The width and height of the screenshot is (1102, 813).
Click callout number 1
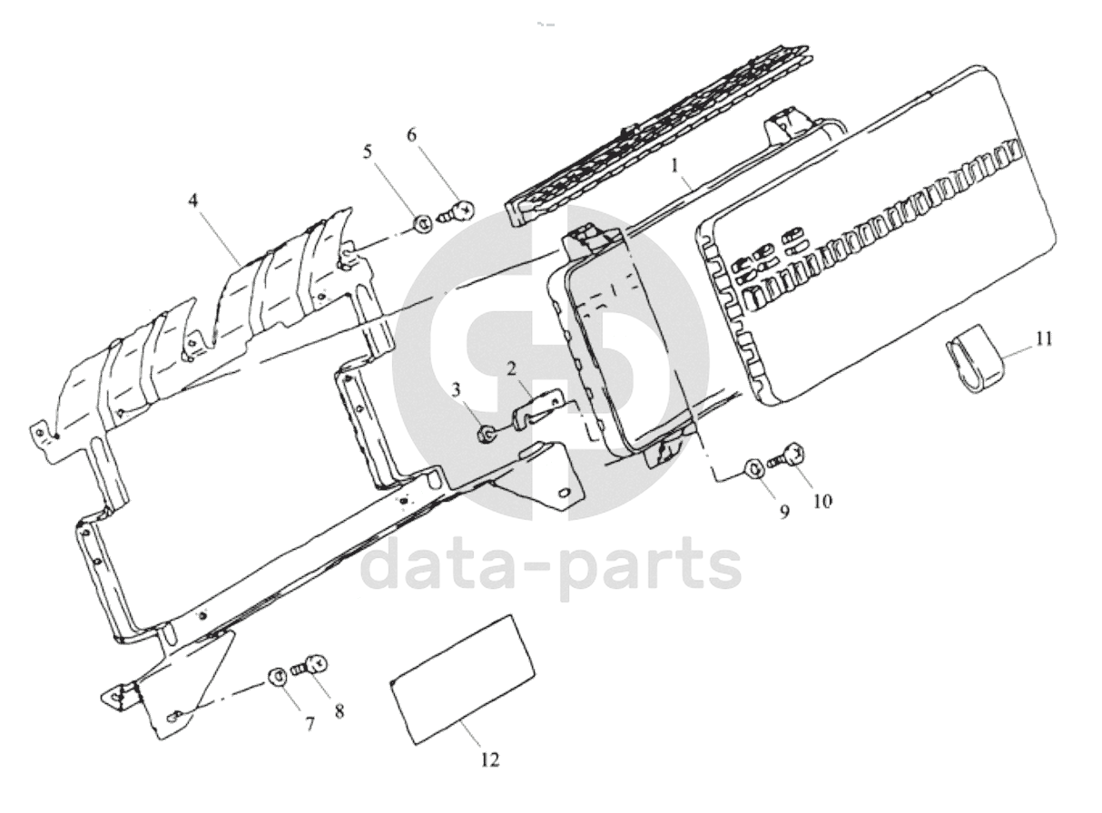click(674, 166)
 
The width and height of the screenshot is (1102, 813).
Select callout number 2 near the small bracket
click(511, 369)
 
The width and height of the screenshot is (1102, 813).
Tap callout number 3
click(457, 391)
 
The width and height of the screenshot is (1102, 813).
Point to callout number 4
click(192, 201)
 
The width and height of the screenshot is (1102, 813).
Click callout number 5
click(367, 152)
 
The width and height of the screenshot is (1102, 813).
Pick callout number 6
click(412, 135)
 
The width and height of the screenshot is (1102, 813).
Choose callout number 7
click(310, 726)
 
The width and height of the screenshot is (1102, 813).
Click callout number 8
click(339, 711)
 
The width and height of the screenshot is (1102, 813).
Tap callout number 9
click(784, 512)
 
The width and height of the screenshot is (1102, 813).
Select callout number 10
click(822, 502)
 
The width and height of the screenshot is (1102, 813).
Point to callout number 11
click(1044, 339)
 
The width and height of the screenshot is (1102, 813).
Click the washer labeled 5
click(423, 224)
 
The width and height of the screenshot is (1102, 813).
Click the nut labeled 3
click(486, 435)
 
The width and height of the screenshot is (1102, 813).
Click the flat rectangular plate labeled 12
click(463, 681)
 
